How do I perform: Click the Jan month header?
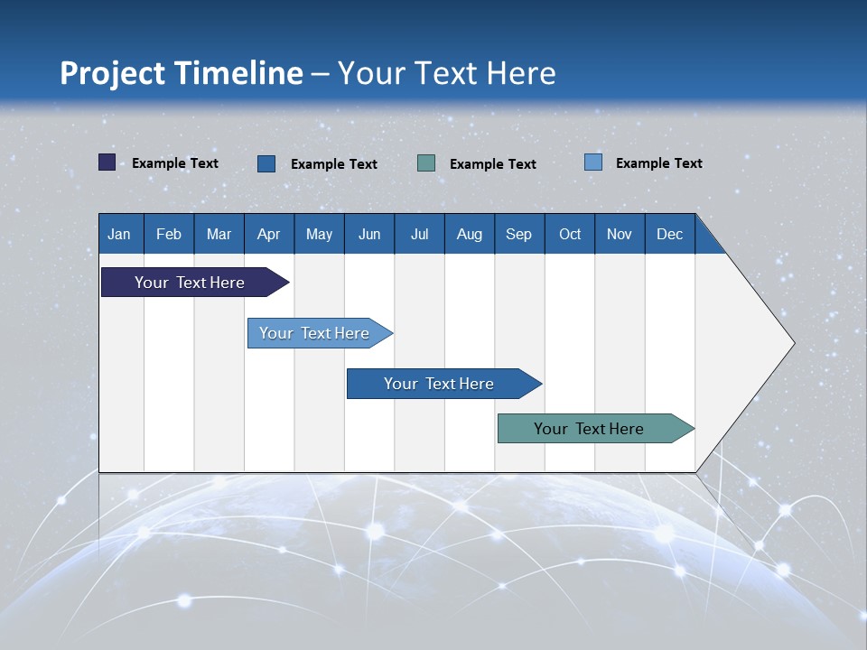[119, 234]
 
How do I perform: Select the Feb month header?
[169, 234]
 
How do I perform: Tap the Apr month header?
[268, 234]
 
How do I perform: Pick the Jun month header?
[369, 234]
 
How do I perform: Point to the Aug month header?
[469, 234]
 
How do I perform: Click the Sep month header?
[518, 234]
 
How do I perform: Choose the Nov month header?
[620, 234]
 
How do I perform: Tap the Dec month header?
[669, 234]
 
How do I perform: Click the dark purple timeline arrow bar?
[190, 283]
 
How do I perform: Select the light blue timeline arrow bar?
[314, 333]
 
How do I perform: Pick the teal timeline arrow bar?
[589, 429]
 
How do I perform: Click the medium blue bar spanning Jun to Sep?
[439, 384]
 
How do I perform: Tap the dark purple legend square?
[107, 162]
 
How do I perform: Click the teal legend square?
[426, 163]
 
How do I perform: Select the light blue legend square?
[593, 162]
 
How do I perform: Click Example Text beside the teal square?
[492, 164]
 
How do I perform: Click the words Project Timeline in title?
[182, 73]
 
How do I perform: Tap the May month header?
[319, 234]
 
